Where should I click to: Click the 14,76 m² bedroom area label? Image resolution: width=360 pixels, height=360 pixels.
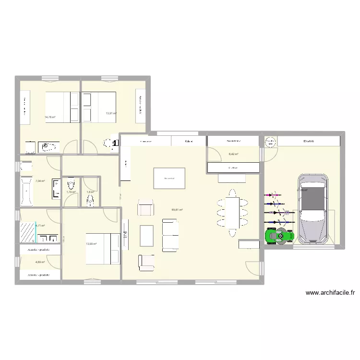(x=50, y=117)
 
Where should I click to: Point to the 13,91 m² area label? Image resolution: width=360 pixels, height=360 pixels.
(x=111, y=113)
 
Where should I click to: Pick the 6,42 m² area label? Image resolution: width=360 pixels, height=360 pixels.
(x=234, y=154)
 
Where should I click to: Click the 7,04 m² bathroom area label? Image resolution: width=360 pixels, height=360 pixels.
(x=40, y=181)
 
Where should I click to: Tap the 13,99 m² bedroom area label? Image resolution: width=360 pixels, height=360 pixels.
(x=91, y=244)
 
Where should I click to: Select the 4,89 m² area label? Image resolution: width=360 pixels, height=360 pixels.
(x=40, y=262)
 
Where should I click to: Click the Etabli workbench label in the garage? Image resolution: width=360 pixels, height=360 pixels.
(x=309, y=141)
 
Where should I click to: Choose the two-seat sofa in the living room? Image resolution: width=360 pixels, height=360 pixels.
(x=169, y=235)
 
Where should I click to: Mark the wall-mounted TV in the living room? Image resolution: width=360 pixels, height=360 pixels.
(x=126, y=234)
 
